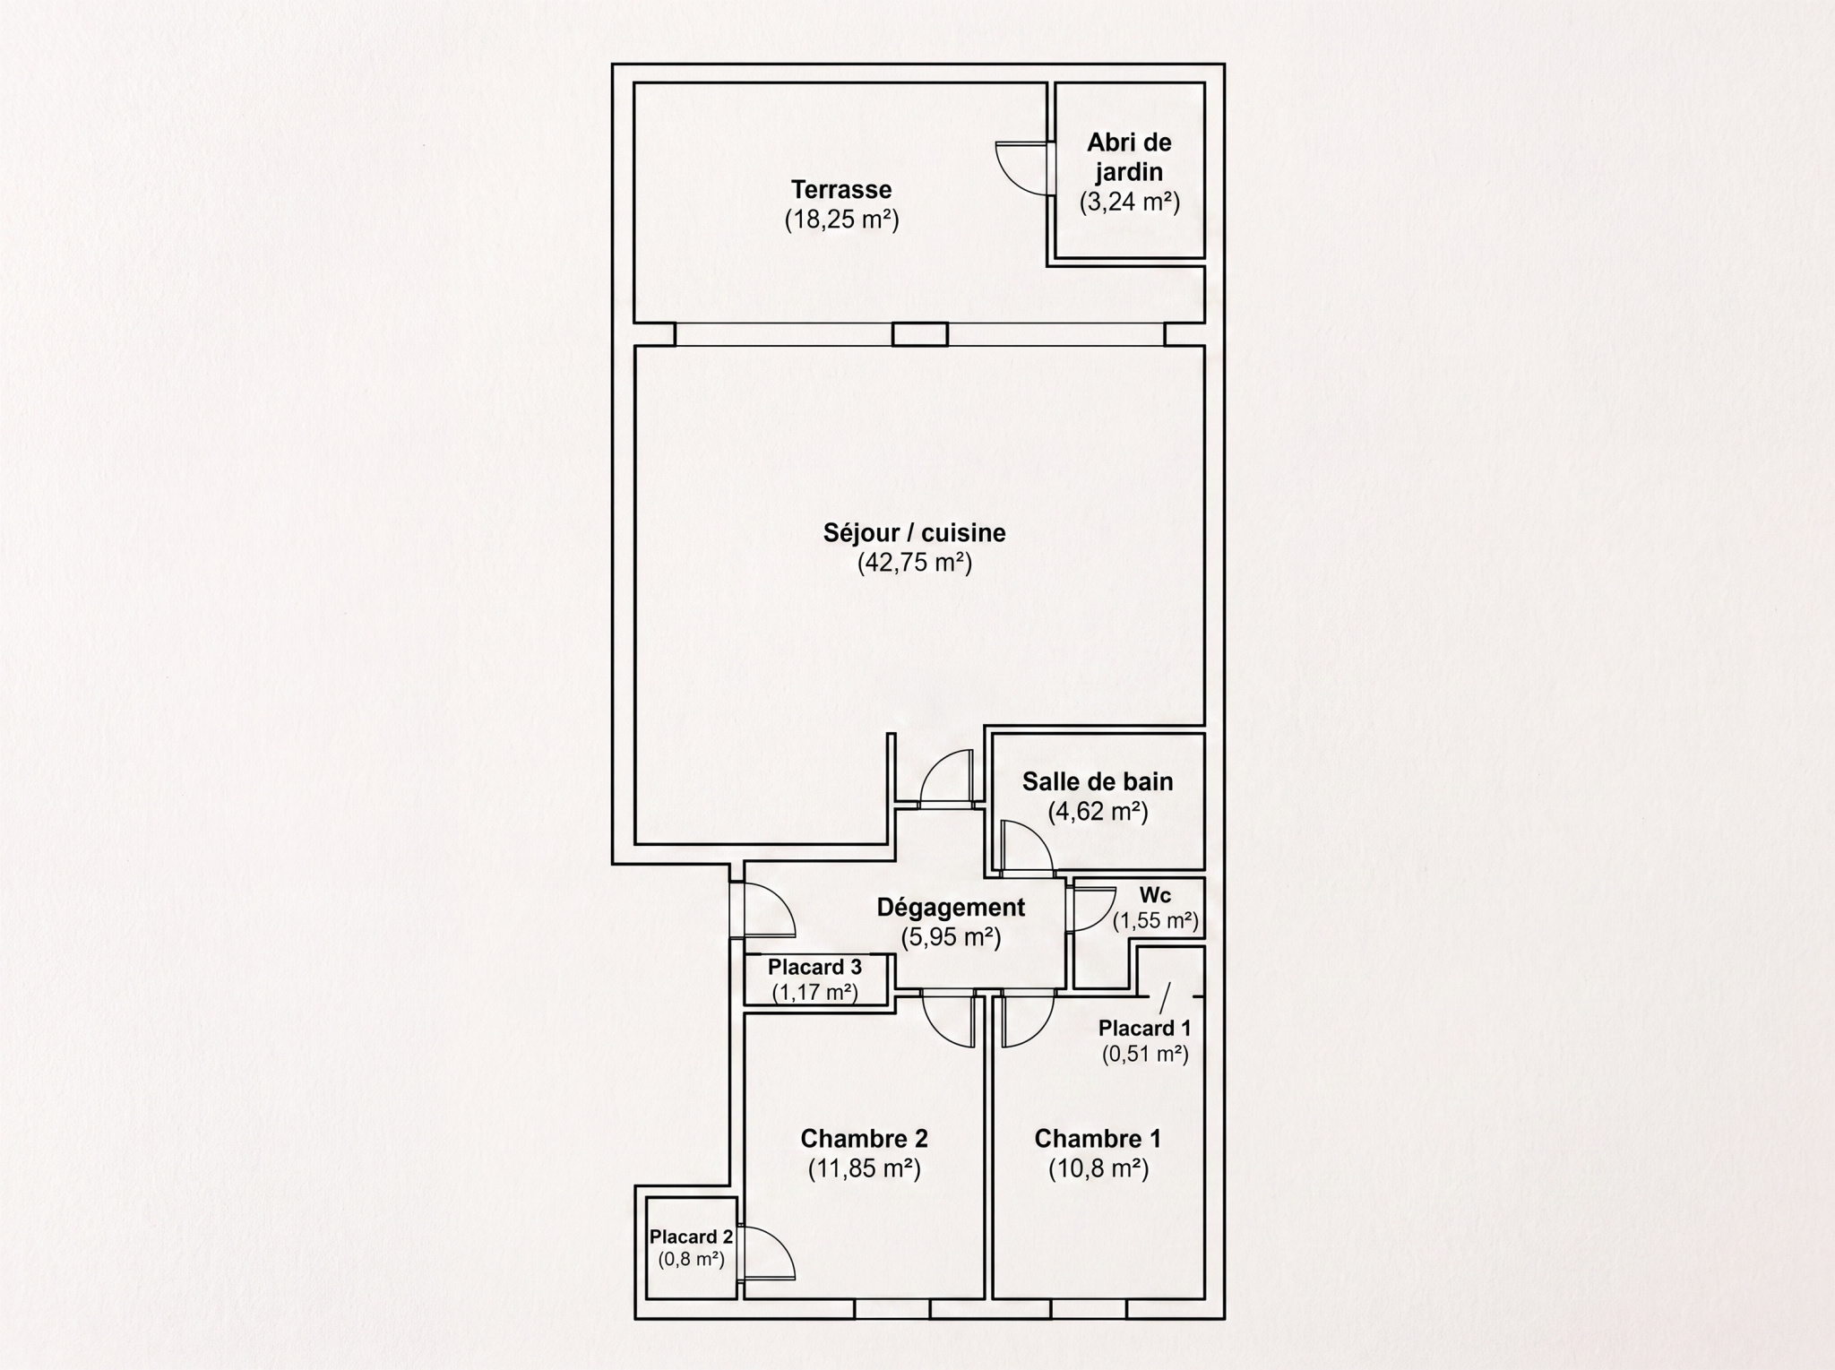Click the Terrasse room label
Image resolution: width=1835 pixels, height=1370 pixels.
tap(841, 190)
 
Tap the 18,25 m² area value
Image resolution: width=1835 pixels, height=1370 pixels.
tap(841, 220)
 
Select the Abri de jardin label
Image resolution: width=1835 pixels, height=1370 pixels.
tap(1129, 157)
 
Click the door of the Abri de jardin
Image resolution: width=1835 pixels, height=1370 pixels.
tap(1024, 168)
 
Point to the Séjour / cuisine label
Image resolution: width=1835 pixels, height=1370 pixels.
tap(915, 533)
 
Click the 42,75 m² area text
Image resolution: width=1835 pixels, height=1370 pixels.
tap(915, 563)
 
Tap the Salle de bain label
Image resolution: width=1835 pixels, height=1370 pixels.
tap(1098, 781)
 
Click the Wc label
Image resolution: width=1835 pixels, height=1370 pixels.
tap(1155, 896)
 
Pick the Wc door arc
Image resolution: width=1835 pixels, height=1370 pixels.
tap(1090, 909)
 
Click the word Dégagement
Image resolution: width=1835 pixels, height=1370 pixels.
tap(951, 907)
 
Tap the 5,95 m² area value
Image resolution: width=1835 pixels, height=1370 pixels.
tap(951, 937)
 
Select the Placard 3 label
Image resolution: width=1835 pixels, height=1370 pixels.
tap(814, 967)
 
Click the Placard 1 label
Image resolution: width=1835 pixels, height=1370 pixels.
tap(1145, 1028)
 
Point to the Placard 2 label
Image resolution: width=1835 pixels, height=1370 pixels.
tap(691, 1236)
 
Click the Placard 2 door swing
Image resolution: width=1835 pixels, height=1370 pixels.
tap(769, 1252)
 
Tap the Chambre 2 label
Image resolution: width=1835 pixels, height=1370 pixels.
tap(864, 1139)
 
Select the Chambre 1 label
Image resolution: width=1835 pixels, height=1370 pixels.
tap(1098, 1139)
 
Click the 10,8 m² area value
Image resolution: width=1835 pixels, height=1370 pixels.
tap(1098, 1168)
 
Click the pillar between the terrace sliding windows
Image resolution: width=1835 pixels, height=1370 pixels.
tap(919, 334)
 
